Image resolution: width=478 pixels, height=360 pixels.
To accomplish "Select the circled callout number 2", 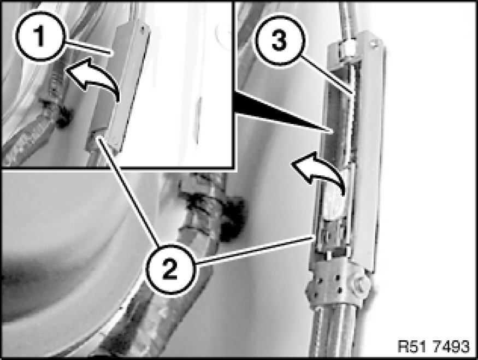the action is click(x=170, y=269).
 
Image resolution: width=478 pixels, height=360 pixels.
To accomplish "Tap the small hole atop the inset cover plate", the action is click(x=142, y=28).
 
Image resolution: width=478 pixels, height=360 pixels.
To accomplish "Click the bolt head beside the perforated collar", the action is click(x=361, y=283).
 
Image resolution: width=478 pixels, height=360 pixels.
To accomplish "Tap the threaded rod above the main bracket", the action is click(x=347, y=18).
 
